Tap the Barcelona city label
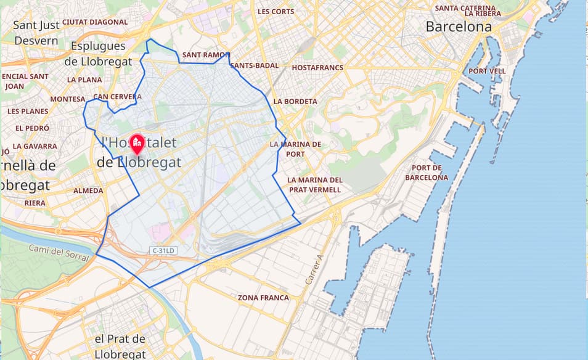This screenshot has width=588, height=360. coord(459,27)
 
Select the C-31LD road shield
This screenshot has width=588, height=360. coord(163,250)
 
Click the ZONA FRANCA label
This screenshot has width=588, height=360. coord(263,298)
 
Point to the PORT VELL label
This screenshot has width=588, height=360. coord(487,71)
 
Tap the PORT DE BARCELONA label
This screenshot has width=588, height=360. coord(427,173)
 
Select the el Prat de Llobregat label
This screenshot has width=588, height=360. coord(120,346)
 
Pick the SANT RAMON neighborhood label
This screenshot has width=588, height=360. coord(205,55)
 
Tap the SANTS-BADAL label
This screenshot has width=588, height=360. coord(255,65)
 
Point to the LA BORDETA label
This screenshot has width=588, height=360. coord(295,101)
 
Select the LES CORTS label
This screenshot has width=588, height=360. coord(276,11)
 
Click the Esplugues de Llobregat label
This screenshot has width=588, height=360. coord(97,54)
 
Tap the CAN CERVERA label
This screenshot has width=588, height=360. coord(117,97)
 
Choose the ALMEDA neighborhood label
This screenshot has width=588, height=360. coord(88,190)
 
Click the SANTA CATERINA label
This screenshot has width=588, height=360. coord(465,8)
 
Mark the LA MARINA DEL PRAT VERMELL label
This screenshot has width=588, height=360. coord(314,184)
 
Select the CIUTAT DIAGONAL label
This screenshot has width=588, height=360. coord(95,22)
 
